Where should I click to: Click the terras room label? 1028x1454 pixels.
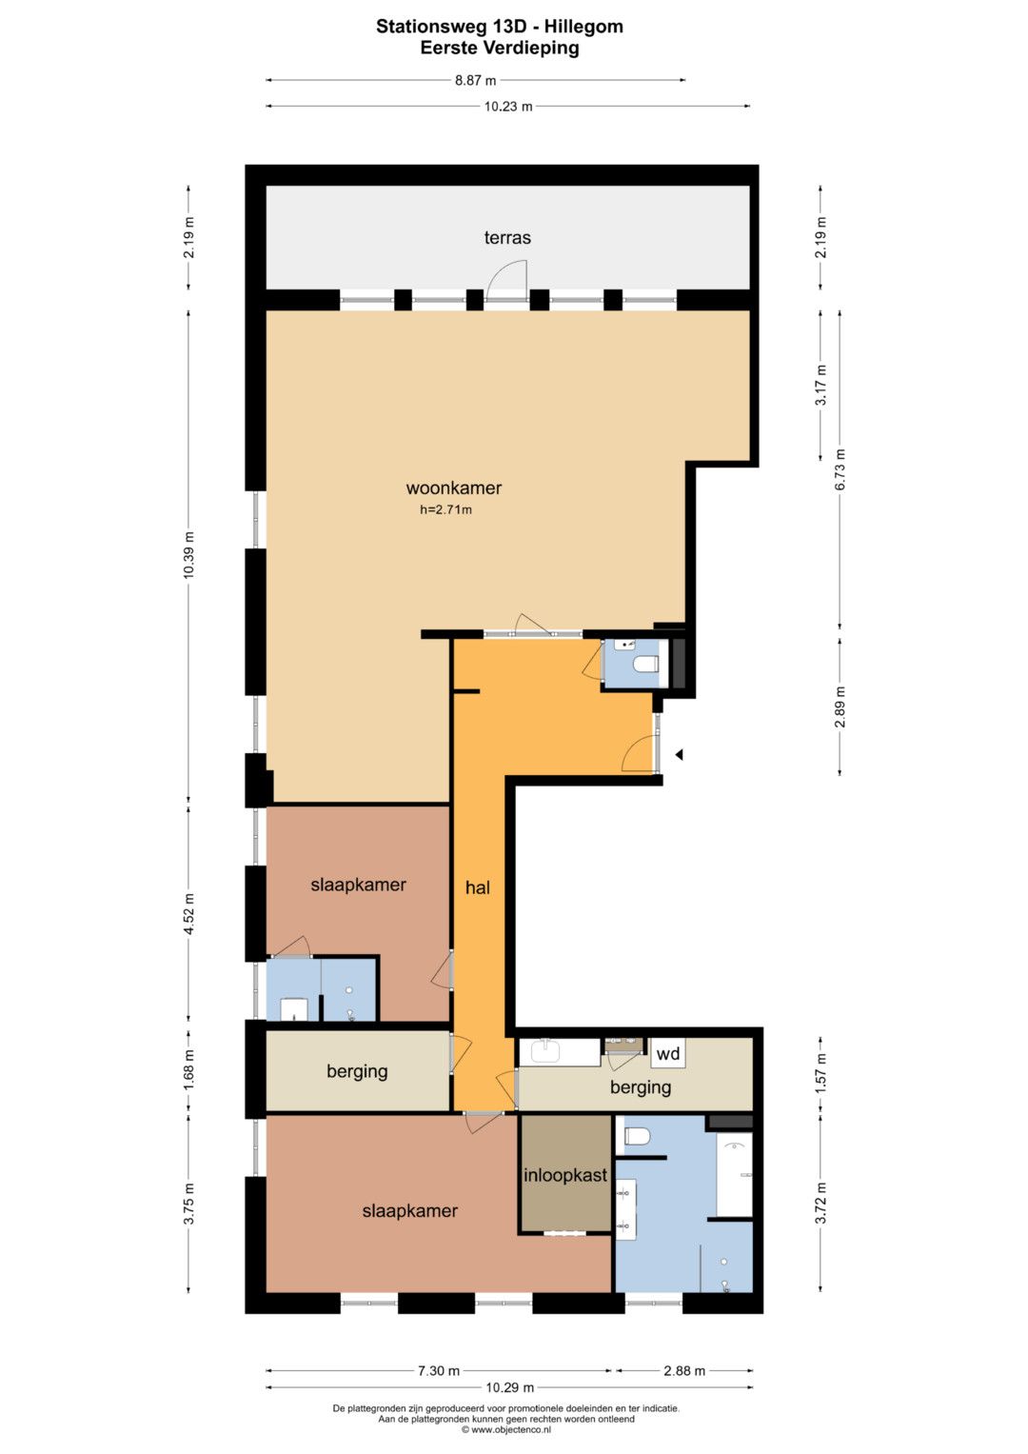[x=506, y=238]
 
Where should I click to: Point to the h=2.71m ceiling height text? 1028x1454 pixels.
[x=445, y=509]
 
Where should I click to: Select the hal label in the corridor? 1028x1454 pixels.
[x=478, y=887]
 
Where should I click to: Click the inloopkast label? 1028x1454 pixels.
[x=565, y=1175]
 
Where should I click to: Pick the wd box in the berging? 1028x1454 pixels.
[x=668, y=1053]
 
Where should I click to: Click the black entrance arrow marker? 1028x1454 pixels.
[x=679, y=755]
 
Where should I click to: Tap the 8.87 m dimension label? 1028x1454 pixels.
[x=475, y=81]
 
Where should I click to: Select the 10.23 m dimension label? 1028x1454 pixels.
[x=508, y=107]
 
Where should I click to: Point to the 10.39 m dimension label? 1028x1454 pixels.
[x=188, y=555]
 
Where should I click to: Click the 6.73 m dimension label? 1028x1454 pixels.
[x=840, y=470]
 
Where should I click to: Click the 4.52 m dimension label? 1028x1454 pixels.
[x=188, y=914]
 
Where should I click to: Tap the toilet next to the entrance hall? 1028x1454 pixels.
[x=645, y=664]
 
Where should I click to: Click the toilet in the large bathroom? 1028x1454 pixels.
[x=638, y=1136]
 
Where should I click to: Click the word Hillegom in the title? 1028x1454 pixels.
[x=583, y=27]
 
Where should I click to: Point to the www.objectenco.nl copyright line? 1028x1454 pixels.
[x=506, y=1430]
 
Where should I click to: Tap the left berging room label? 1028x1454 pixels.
[x=357, y=1071]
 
